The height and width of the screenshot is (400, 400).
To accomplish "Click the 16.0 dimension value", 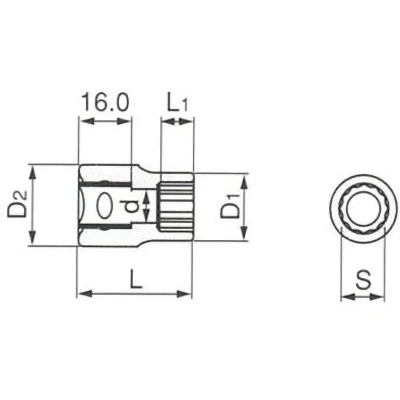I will click(x=105, y=102).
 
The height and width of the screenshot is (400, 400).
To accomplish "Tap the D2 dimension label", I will click(x=18, y=204).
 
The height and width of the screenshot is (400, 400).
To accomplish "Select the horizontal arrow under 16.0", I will click(x=105, y=120).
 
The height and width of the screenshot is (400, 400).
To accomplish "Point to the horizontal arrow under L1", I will click(x=177, y=120).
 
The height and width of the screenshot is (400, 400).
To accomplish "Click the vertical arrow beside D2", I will click(x=33, y=205).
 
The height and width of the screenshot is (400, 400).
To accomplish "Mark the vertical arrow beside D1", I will click(x=244, y=207).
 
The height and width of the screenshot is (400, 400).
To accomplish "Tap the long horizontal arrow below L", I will click(x=134, y=293).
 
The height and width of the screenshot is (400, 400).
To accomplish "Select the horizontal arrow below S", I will click(x=362, y=296).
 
